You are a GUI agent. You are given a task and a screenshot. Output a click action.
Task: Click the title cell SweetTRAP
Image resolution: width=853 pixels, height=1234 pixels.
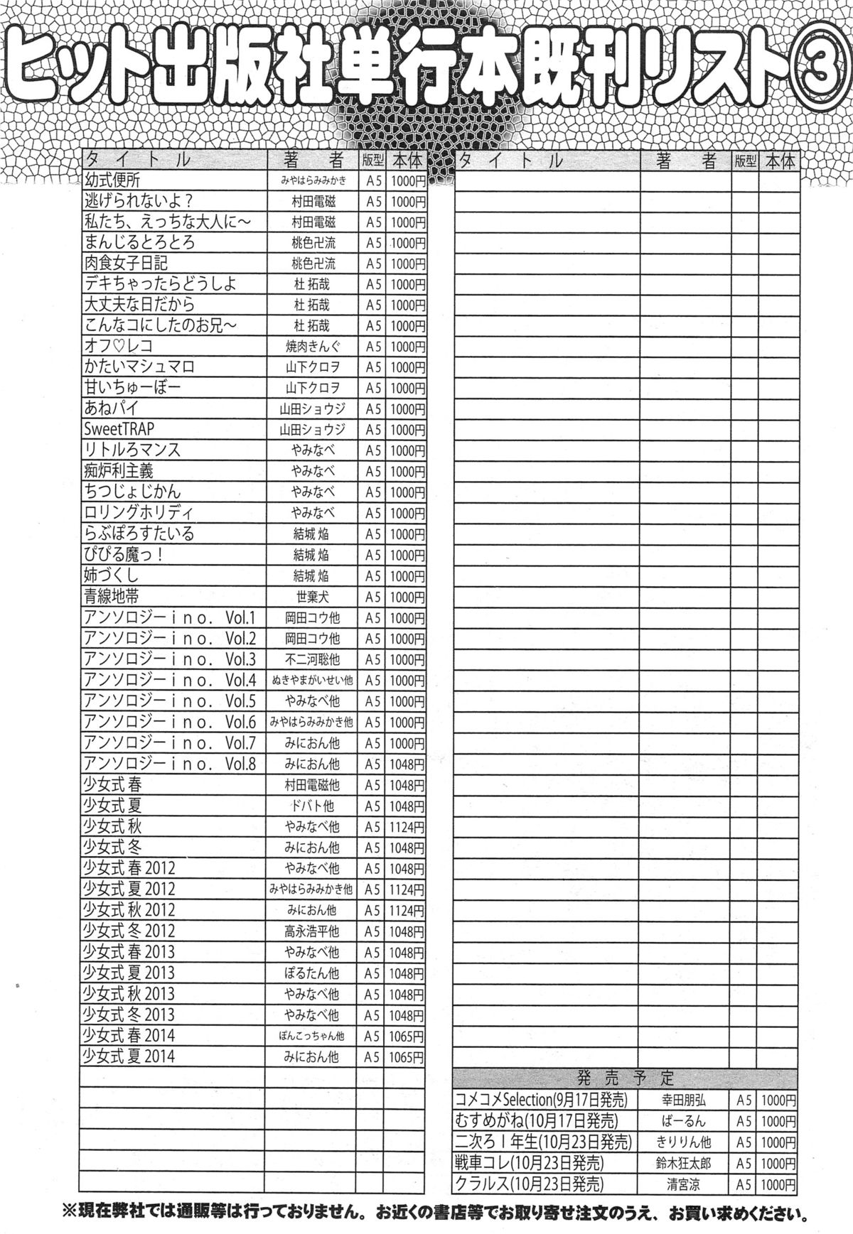coord(119,429)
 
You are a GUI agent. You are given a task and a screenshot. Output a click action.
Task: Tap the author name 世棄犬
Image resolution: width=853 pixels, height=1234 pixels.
coord(312,597)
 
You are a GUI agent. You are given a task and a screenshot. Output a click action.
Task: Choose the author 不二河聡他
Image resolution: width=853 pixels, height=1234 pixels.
coord(312,659)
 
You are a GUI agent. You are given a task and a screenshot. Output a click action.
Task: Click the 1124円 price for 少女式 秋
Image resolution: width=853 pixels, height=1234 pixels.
coord(407,827)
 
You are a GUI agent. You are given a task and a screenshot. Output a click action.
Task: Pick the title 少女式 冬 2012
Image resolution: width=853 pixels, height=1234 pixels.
coord(129,931)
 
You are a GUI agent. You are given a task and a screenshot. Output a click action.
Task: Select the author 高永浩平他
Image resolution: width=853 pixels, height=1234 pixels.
coord(312,931)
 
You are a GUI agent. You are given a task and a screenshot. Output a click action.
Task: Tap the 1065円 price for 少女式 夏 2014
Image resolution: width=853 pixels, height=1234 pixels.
coord(407,1057)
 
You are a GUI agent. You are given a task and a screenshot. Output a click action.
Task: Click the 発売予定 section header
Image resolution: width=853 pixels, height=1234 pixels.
coord(626,1078)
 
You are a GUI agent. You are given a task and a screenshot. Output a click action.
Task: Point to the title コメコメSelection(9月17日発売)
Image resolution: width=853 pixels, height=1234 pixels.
coord(542,1100)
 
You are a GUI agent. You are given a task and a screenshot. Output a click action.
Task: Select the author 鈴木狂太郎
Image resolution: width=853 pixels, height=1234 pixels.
coord(683,1163)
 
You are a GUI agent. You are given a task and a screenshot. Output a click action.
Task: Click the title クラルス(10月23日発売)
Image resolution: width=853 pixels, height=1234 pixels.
coord(529,1184)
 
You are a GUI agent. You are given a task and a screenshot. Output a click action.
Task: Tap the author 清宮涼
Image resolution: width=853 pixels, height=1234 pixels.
coord(683,1184)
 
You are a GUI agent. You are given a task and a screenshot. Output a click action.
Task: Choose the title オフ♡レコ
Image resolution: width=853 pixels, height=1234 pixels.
coord(118,346)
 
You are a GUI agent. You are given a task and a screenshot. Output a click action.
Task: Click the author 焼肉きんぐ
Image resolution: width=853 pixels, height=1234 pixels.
coord(312,347)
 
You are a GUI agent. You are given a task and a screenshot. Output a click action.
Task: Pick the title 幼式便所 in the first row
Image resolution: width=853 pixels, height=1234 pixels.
coord(112,180)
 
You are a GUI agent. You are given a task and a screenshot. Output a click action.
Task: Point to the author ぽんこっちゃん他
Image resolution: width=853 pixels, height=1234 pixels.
coord(312,1036)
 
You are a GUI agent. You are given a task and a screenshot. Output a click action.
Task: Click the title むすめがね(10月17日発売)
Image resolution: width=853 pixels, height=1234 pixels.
coord(537,1120)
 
